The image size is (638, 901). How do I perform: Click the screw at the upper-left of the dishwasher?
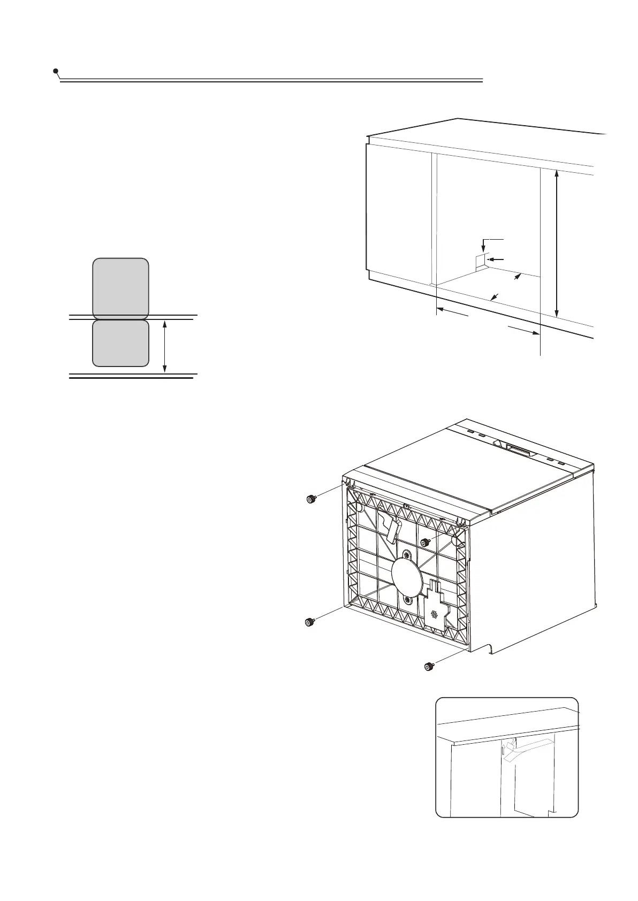(x=310, y=499)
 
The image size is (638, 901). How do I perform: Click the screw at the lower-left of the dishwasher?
(x=309, y=622)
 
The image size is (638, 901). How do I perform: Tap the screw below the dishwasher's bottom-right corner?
(x=429, y=667)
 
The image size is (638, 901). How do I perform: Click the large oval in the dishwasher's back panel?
(x=407, y=577)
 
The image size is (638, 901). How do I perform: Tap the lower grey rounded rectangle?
(x=121, y=343)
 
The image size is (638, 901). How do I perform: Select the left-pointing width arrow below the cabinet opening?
(x=452, y=313)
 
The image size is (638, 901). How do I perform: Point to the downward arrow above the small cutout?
(x=483, y=245)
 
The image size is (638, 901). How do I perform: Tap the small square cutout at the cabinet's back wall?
(x=480, y=262)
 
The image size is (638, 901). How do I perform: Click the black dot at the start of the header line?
(x=56, y=71)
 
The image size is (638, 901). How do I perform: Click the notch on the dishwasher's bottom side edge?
(x=488, y=648)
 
